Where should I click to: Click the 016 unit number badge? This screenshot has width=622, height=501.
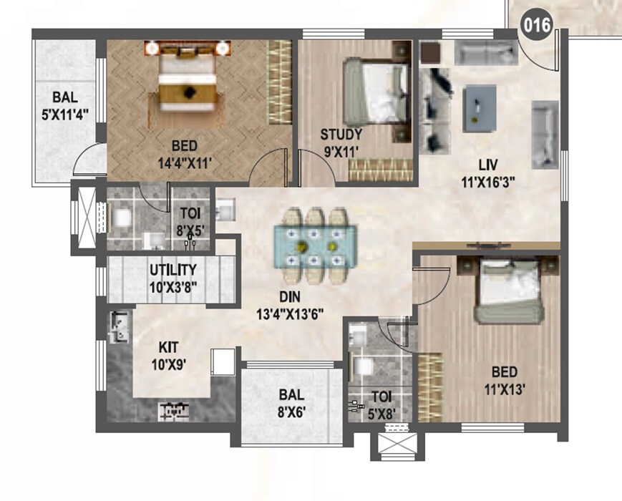(537, 26)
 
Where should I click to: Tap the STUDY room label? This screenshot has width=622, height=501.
(341, 134)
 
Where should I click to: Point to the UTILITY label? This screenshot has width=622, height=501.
(172, 270)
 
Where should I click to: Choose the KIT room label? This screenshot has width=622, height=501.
(169, 347)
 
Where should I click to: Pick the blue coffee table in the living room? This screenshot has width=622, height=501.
(480, 107)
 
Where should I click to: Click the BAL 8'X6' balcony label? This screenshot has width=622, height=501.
(293, 402)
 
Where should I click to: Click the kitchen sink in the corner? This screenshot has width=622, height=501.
(120, 326)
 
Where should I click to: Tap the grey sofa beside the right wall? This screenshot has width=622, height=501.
(544, 134)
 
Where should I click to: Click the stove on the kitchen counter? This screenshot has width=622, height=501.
(174, 409)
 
